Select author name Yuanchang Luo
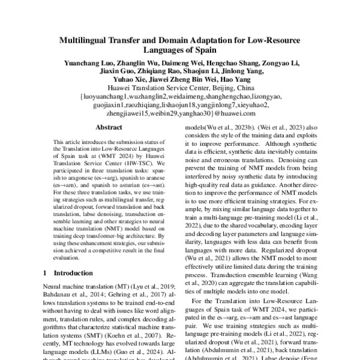pyautogui.click(x=85, y=63)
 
